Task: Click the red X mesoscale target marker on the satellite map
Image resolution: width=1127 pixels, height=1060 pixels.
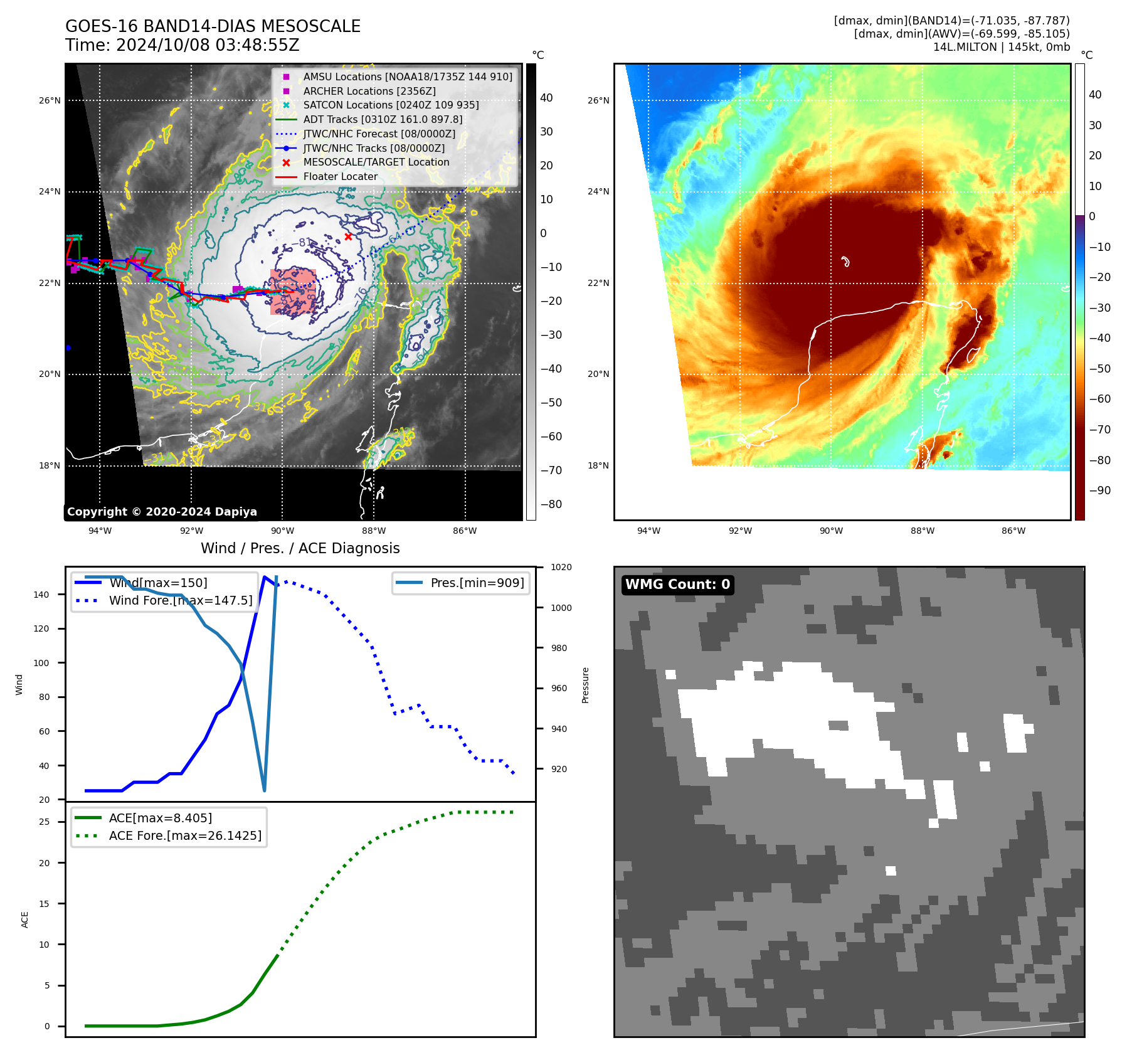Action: tap(348, 237)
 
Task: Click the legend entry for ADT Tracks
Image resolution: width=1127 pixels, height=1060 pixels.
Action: tap(383, 119)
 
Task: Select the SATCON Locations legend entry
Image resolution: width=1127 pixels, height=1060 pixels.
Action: tap(391, 105)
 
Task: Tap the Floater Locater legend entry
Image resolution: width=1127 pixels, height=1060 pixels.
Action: tap(341, 176)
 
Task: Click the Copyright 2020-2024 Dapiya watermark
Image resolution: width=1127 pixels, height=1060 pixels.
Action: tap(162, 512)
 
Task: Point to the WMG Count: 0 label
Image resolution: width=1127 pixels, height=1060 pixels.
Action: tap(677, 585)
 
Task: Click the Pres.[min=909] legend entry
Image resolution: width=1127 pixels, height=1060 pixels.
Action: tap(477, 583)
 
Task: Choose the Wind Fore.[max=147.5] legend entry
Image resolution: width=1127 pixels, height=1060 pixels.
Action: tap(181, 600)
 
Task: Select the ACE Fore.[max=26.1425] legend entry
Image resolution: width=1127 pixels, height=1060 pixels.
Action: tap(185, 835)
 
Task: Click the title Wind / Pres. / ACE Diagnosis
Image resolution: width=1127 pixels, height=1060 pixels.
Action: tap(300, 548)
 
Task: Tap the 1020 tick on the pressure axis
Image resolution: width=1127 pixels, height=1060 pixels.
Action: tap(561, 567)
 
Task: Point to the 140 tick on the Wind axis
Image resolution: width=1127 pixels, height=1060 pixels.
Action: tap(41, 595)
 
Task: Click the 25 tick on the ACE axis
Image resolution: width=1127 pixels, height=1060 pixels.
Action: tap(45, 822)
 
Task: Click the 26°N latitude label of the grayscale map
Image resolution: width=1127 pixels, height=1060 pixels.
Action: tap(50, 100)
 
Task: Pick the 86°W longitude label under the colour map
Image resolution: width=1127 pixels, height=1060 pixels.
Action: tap(1013, 531)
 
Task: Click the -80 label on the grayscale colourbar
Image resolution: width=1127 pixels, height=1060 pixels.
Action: tap(551, 504)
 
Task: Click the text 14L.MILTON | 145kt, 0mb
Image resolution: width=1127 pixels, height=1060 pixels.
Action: tap(1001, 47)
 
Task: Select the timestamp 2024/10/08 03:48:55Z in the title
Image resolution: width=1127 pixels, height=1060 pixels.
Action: tap(208, 45)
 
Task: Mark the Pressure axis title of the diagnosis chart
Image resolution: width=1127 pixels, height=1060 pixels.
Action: tap(585, 685)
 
